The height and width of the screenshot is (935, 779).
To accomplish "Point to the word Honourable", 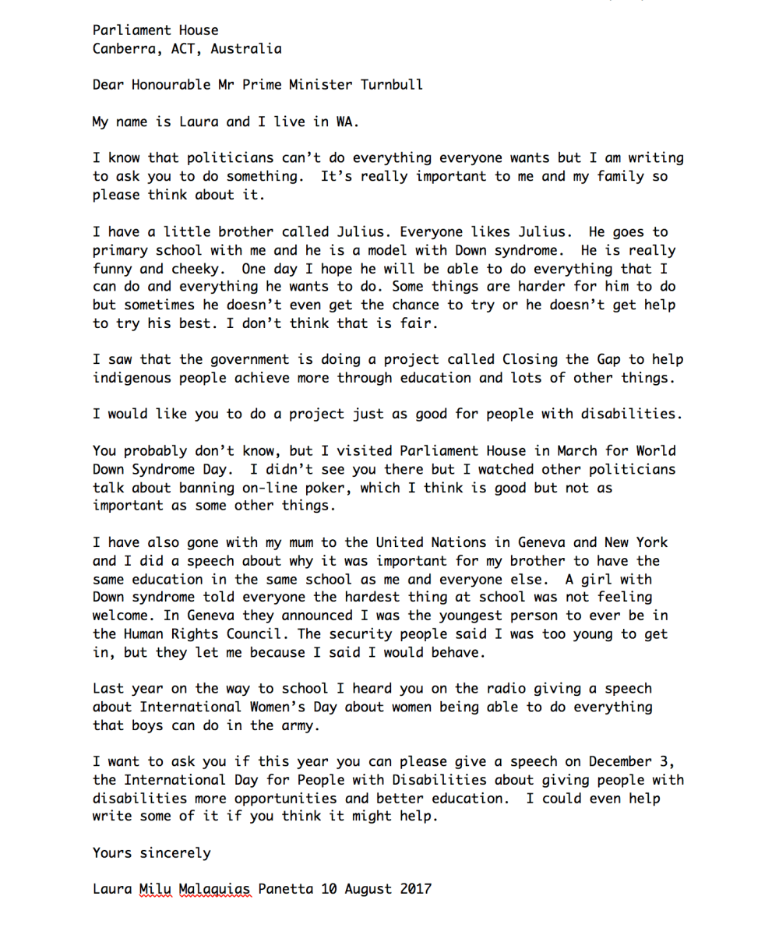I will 180,84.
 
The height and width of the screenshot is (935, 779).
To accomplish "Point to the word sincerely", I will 175,852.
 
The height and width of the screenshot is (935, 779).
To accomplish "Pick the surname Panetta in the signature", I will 285,889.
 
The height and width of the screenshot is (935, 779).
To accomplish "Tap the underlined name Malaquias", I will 212,889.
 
